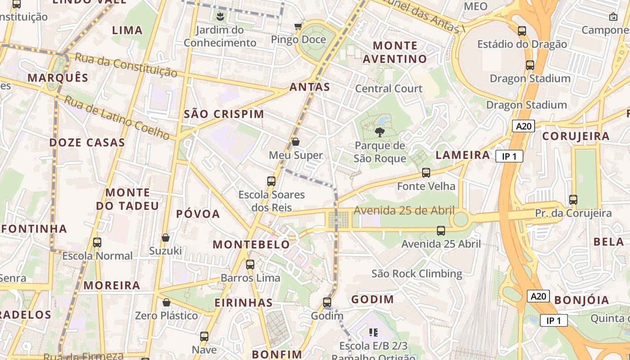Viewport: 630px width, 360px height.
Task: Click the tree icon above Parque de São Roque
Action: [x=380, y=132]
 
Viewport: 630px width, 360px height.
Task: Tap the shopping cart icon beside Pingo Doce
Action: [x=298, y=27]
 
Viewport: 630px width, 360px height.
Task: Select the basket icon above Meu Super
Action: [x=296, y=142]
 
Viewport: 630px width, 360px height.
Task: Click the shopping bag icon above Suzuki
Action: [x=165, y=238]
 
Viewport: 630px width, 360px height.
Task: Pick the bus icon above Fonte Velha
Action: [x=426, y=172]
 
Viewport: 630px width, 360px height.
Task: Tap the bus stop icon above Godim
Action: [x=327, y=302]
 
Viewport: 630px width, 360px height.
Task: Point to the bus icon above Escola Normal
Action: [x=97, y=243]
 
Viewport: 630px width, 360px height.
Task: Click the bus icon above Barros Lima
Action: [x=250, y=265]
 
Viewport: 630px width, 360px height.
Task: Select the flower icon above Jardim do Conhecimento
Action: [x=220, y=17]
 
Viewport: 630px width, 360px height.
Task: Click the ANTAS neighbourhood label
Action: [x=310, y=87]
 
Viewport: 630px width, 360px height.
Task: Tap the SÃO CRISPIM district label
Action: [x=224, y=114]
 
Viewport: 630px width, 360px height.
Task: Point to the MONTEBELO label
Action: [x=251, y=245]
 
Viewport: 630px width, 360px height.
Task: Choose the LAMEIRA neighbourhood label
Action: [x=463, y=155]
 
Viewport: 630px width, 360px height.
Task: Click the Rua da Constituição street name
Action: [x=126, y=65]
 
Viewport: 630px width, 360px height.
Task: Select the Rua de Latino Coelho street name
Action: [x=117, y=117]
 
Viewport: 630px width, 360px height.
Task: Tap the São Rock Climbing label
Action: [x=416, y=274]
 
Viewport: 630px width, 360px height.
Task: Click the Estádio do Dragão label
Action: [x=522, y=44]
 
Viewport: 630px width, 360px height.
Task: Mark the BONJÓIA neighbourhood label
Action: [x=581, y=300]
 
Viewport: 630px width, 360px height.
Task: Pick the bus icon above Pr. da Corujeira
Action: [x=573, y=199]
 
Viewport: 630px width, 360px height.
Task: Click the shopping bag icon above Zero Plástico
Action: [x=166, y=302]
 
